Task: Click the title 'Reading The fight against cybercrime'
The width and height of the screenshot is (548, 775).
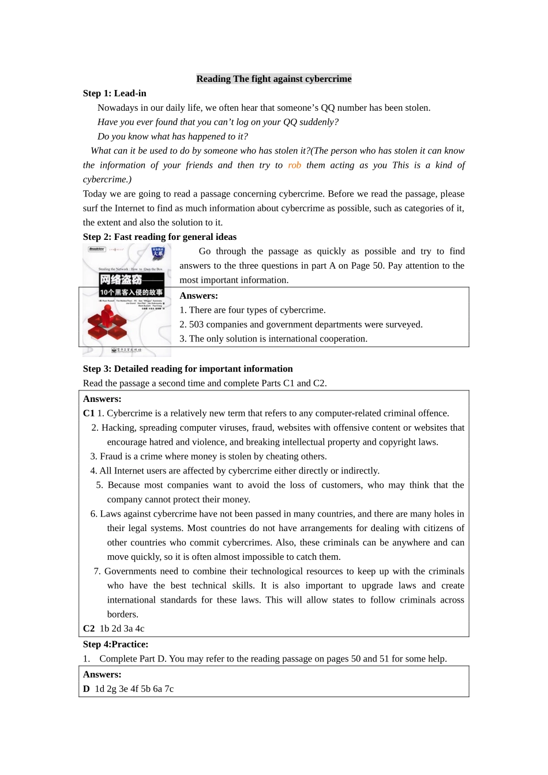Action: tap(273, 79)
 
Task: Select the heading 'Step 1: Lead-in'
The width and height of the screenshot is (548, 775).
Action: tap(114, 93)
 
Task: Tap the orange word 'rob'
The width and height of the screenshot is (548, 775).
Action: tap(294, 165)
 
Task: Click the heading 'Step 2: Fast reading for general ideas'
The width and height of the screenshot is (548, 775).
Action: tap(159, 237)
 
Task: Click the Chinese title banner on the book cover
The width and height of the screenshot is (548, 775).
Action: tap(131, 285)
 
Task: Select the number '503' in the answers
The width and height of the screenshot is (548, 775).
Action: tap(196, 325)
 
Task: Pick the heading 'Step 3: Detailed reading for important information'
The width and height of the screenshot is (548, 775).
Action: tap(187, 369)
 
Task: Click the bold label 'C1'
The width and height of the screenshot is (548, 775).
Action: tap(88, 413)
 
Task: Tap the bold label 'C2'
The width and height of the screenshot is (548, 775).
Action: tap(88, 629)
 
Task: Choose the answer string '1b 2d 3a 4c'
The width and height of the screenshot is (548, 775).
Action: tap(122, 629)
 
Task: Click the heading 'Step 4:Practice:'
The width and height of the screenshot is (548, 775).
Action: tap(115, 645)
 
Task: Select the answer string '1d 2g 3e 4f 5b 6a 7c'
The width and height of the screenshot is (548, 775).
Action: tap(134, 689)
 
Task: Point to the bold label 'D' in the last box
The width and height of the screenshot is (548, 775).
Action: tap(87, 689)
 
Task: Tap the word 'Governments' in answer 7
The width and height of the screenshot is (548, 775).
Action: tap(130, 571)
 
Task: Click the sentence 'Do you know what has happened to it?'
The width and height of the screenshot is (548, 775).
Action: tap(172, 137)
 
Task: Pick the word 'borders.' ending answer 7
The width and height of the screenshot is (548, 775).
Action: tap(122, 615)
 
